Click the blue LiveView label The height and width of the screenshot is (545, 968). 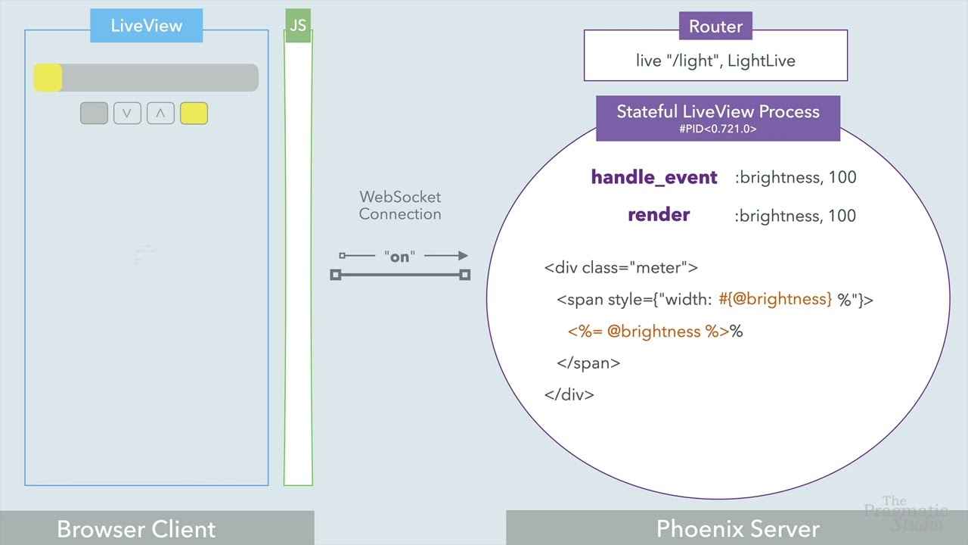147,26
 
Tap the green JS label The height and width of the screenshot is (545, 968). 298,26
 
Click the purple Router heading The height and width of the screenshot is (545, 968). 715,27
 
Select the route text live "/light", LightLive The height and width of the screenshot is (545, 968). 715,61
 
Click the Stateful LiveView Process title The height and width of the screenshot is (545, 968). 718,112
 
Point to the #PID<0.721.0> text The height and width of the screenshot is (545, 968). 718,129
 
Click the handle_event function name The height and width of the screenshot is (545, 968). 653,177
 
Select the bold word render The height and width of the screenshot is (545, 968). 659,215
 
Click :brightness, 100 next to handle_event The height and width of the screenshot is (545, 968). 795,177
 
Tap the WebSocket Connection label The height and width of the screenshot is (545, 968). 400,205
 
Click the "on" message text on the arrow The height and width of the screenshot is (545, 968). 399,257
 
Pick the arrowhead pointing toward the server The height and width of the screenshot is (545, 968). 461,256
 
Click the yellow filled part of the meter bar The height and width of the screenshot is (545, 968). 48,78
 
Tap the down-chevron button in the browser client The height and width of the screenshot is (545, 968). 127,114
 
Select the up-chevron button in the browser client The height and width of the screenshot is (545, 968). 160,114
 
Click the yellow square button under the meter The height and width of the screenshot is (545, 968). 194,114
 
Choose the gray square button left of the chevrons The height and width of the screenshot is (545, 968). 94,114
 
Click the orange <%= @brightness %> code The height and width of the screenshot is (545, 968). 648,332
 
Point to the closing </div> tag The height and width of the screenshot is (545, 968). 569,394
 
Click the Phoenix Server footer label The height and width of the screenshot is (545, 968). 737,528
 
